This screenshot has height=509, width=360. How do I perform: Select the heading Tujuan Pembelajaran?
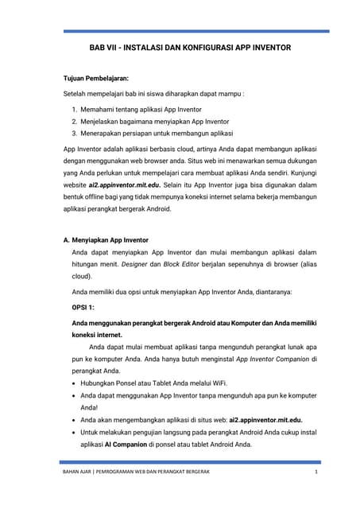pyautogui.click(x=96, y=80)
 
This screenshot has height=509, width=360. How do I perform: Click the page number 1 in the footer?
pyautogui.click(x=315, y=475)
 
